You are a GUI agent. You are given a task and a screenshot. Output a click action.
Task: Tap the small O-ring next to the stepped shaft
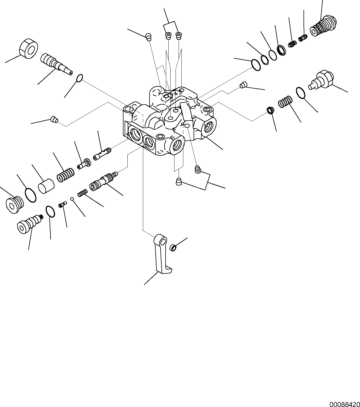[79, 78]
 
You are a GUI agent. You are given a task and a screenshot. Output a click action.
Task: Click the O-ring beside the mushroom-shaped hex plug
[300, 93]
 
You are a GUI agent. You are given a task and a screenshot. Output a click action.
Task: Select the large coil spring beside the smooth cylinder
[66, 175]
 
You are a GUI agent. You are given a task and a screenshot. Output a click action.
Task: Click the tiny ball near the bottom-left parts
[72, 199]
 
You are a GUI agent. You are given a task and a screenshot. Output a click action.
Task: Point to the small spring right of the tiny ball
[82, 193]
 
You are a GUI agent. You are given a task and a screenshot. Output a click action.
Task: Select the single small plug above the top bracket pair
[149, 36]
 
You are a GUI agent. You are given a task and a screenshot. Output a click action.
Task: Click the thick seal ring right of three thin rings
[282, 50]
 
